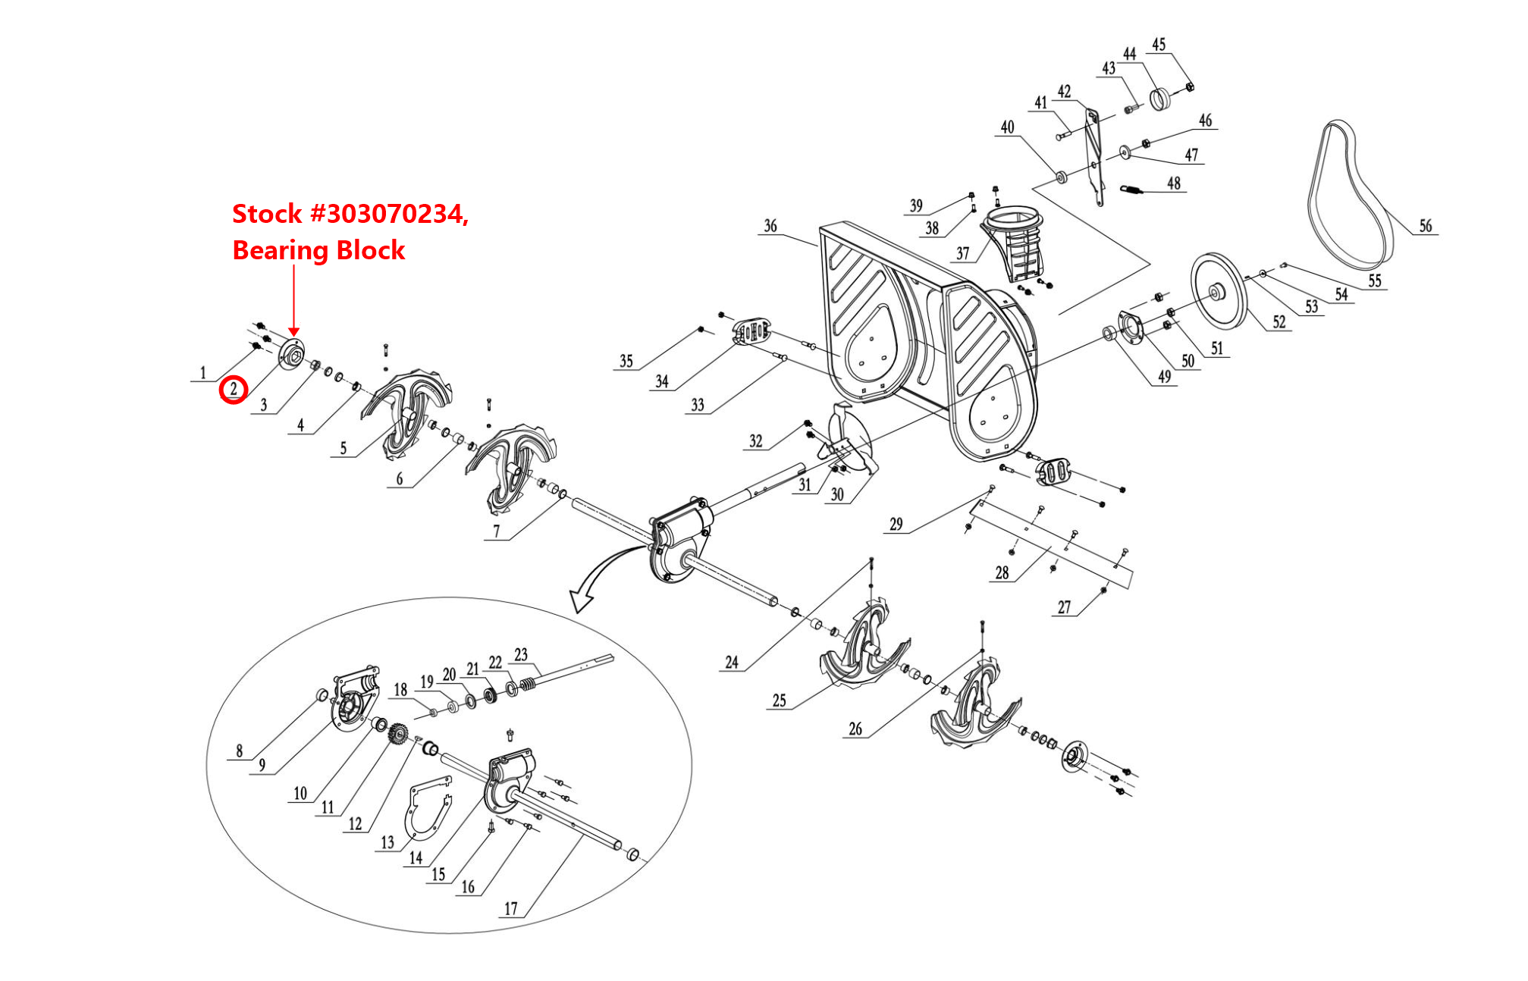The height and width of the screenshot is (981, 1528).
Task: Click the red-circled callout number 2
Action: click(233, 390)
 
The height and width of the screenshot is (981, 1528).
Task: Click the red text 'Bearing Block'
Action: click(318, 250)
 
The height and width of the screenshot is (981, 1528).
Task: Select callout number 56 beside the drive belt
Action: click(1425, 225)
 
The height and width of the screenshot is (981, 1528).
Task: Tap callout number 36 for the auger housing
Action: click(770, 225)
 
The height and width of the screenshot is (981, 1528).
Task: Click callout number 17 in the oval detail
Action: click(511, 908)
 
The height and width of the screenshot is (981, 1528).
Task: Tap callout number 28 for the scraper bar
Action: click(1002, 572)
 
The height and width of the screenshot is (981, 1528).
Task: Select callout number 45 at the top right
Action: click(1159, 44)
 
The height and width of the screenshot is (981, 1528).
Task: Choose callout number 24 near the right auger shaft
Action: click(731, 662)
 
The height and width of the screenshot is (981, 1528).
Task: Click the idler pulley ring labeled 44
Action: click(1161, 99)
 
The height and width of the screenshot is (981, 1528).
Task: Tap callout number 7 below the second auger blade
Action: click(496, 531)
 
